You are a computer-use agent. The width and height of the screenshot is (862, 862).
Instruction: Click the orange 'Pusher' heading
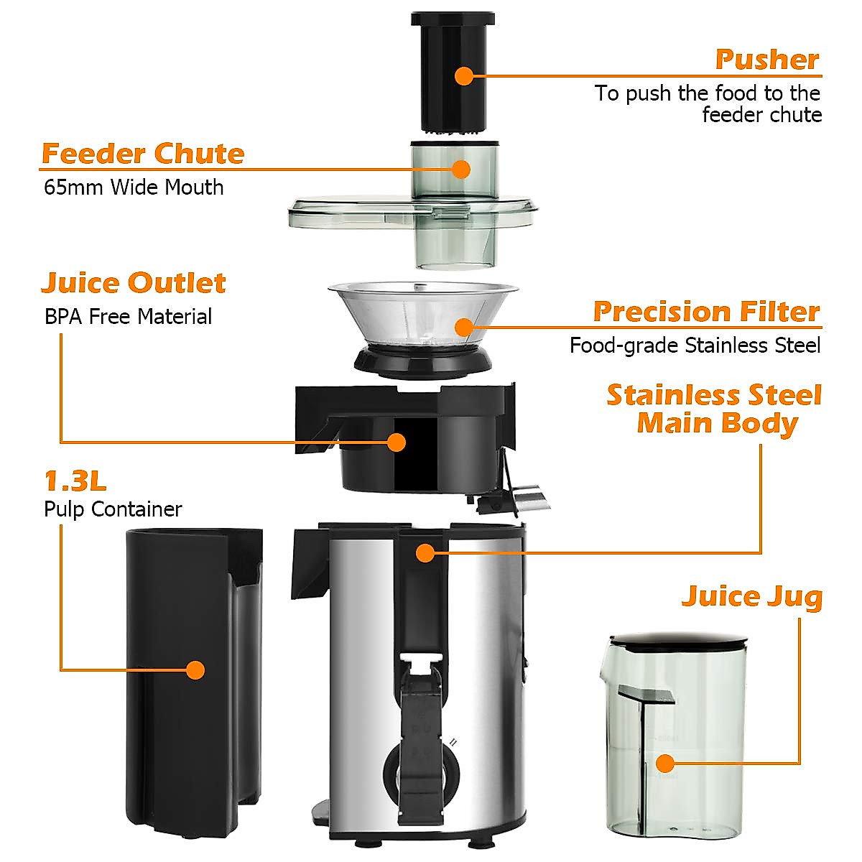766,60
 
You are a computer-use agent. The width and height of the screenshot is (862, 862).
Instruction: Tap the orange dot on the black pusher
464,75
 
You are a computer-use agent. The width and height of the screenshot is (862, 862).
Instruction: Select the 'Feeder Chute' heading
143,154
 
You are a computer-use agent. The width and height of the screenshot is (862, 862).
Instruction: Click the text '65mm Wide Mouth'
134,187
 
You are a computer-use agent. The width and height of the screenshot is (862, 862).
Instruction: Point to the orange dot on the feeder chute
460,169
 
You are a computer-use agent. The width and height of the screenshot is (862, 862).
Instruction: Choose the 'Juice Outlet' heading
134,283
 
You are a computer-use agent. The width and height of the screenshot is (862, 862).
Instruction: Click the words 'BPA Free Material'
128,317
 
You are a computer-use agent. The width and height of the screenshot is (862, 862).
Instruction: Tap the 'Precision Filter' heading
706,312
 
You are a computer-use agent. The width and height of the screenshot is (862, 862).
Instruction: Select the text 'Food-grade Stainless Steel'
695,346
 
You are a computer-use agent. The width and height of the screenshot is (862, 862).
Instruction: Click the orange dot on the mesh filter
464,328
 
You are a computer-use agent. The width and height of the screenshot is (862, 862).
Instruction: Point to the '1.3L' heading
75,481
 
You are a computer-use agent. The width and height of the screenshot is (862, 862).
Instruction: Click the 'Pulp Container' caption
113,509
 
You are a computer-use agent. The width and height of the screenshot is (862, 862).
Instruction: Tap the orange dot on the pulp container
195,670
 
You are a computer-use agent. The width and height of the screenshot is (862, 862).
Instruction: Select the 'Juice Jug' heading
751,596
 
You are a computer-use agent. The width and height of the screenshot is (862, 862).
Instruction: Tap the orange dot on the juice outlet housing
396,442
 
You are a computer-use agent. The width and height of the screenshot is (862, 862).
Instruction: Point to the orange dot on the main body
425,553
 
